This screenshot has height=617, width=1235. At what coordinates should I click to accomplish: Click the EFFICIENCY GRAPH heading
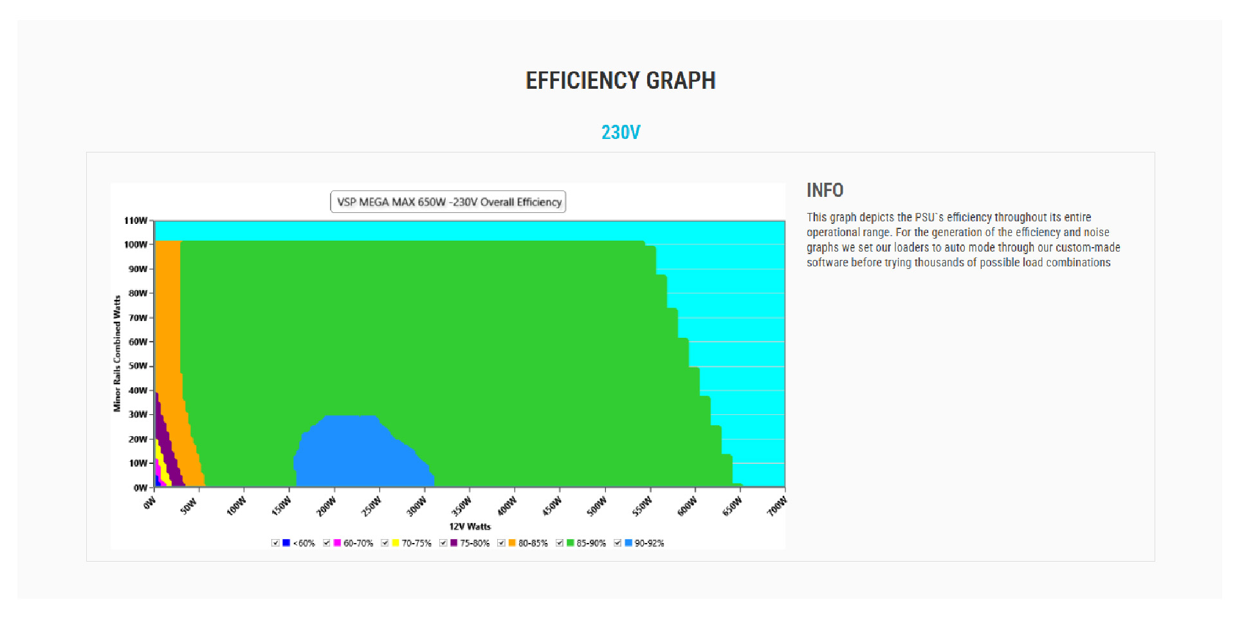pos(620,80)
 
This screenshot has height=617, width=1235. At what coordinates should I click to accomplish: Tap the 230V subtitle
pos(620,133)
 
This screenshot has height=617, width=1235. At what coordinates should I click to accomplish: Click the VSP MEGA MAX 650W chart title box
pos(448,202)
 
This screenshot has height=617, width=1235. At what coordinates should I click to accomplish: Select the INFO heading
pos(825,190)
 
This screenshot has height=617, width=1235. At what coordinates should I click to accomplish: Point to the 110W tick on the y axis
pos(136,221)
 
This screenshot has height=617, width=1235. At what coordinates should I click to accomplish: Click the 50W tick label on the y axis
pos(138,366)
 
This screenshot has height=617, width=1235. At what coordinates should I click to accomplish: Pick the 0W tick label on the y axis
pos(140,488)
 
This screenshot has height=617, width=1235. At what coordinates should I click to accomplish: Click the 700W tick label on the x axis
pos(776,506)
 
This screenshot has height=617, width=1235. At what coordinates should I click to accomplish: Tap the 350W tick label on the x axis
pos(461,506)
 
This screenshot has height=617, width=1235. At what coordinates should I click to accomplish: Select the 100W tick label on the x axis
pos(236,506)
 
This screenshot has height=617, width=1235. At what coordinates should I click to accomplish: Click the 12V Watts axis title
pos(470,526)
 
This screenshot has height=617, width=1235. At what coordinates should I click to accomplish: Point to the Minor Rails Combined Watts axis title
pos(117,353)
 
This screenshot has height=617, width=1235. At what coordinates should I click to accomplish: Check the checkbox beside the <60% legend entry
pos(275,543)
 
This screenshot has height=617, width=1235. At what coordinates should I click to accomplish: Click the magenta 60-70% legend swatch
pos(337,543)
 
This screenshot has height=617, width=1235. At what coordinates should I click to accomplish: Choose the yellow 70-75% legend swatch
pos(395,543)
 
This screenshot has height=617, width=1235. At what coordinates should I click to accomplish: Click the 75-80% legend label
pos(475,544)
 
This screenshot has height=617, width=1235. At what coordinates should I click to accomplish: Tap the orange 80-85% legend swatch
pos(512,543)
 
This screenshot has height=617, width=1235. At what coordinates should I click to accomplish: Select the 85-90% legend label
pos(591,544)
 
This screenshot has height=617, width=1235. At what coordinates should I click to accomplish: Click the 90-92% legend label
pos(649,544)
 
